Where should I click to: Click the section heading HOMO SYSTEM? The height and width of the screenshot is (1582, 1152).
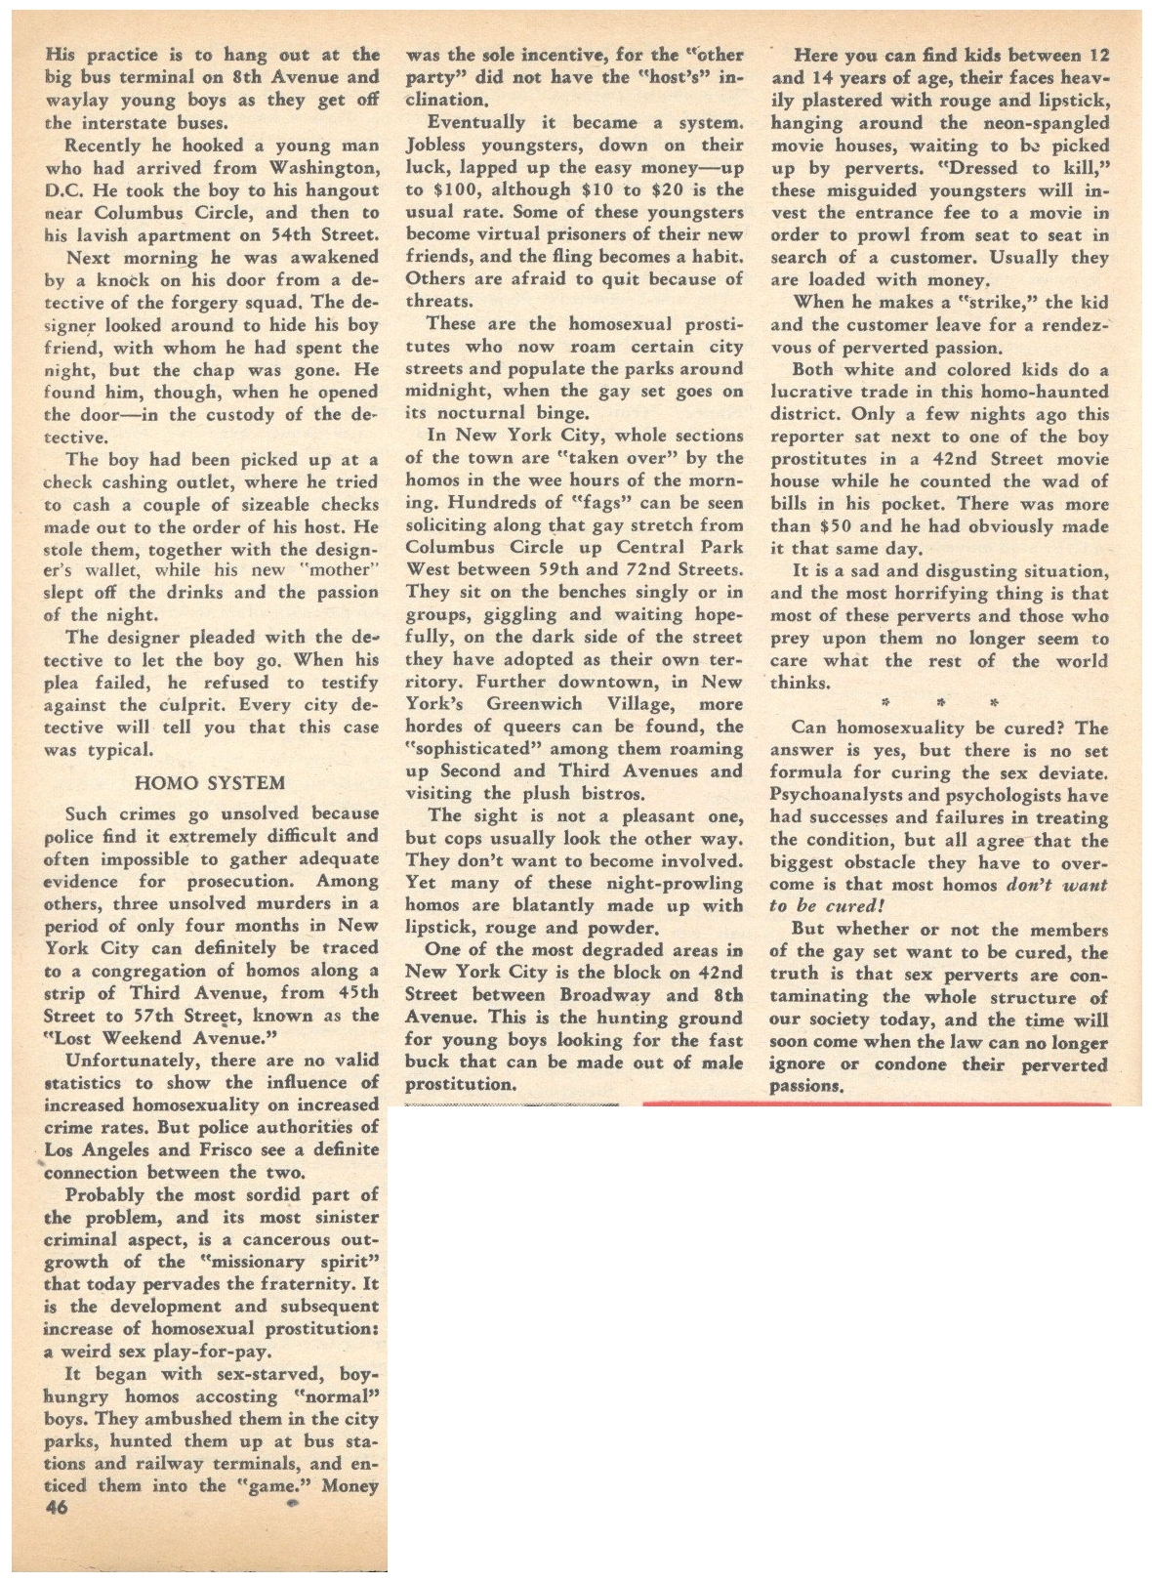(210, 782)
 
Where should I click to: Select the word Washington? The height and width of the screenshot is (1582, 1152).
(325, 167)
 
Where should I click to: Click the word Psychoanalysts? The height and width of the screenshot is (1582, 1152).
(844, 795)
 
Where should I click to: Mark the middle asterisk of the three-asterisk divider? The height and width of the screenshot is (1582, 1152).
(941, 703)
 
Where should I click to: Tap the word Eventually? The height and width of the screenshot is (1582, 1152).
(477, 123)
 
